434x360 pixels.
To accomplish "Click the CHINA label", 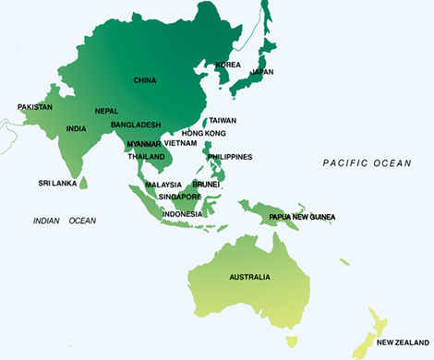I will coord(144,80).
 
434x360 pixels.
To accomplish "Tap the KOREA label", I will coord(228,65).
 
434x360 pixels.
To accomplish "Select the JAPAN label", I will coord(263,71).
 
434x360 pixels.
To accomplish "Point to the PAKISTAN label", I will coord(35,107).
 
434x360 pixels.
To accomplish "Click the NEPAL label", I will coord(106,111).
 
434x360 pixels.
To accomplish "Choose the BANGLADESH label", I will coord(136,125).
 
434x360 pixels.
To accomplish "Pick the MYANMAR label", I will coord(143,143).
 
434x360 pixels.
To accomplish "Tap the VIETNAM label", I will coord(181,143).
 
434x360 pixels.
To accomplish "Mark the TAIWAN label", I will coord(223,120).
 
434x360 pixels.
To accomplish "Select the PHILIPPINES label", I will coord(231,157).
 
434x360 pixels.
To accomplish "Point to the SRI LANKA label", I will coord(56,183).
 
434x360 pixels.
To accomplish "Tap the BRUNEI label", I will coord(205,185).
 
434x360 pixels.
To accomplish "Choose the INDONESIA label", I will coord(182,214).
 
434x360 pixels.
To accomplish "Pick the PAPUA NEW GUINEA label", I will coord(302,217).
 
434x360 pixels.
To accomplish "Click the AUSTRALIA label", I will coord(250,277).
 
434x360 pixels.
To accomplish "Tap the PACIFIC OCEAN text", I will coord(367,162).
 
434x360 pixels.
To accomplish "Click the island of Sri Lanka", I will coord(84,183).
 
